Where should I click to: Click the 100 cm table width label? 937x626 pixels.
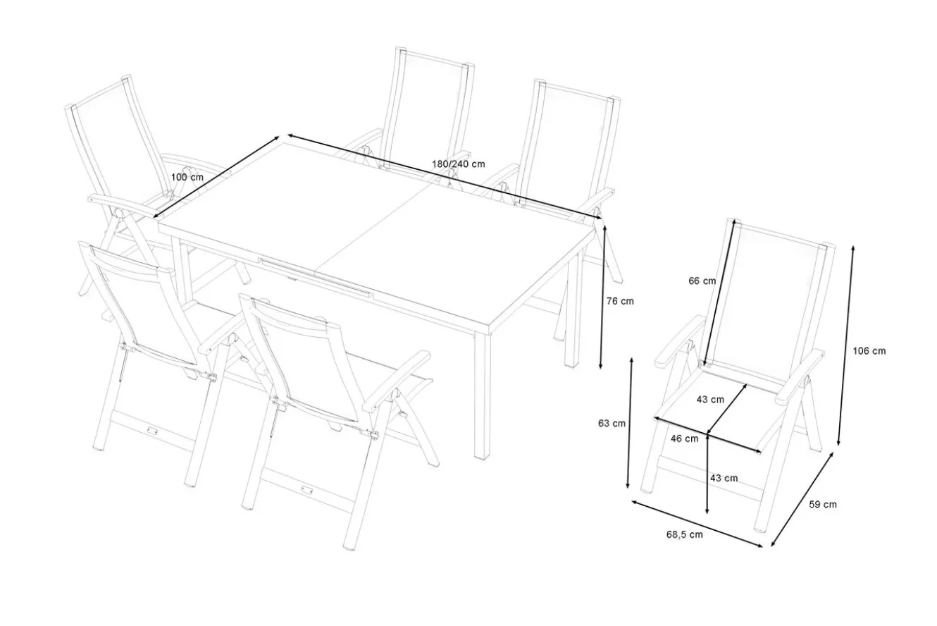(x=187, y=177)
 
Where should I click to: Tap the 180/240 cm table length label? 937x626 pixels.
(x=459, y=164)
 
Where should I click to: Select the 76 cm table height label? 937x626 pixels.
(x=620, y=301)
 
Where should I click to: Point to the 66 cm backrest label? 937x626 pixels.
(x=702, y=281)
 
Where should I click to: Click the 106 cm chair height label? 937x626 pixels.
(x=869, y=351)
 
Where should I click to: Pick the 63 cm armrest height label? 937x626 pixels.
(x=612, y=423)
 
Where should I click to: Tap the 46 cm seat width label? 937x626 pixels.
(x=684, y=438)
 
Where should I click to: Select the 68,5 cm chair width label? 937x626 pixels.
(x=684, y=534)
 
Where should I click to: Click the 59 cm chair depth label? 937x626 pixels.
(x=823, y=504)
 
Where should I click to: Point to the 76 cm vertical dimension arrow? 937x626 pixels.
(x=603, y=297)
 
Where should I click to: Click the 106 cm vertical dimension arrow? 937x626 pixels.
(x=846, y=346)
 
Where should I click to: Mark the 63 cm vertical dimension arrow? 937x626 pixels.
(x=630, y=423)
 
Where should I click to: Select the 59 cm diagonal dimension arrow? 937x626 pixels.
(x=802, y=499)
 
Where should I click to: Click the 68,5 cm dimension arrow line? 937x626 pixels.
(x=697, y=523)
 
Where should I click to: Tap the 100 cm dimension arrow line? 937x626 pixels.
(x=216, y=177)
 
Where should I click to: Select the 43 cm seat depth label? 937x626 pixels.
(x=710, y=400)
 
